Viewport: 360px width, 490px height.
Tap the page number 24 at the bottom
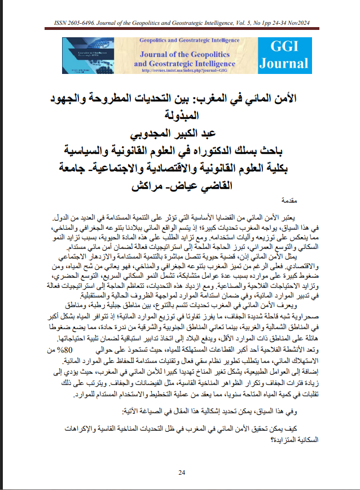[182, 473]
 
